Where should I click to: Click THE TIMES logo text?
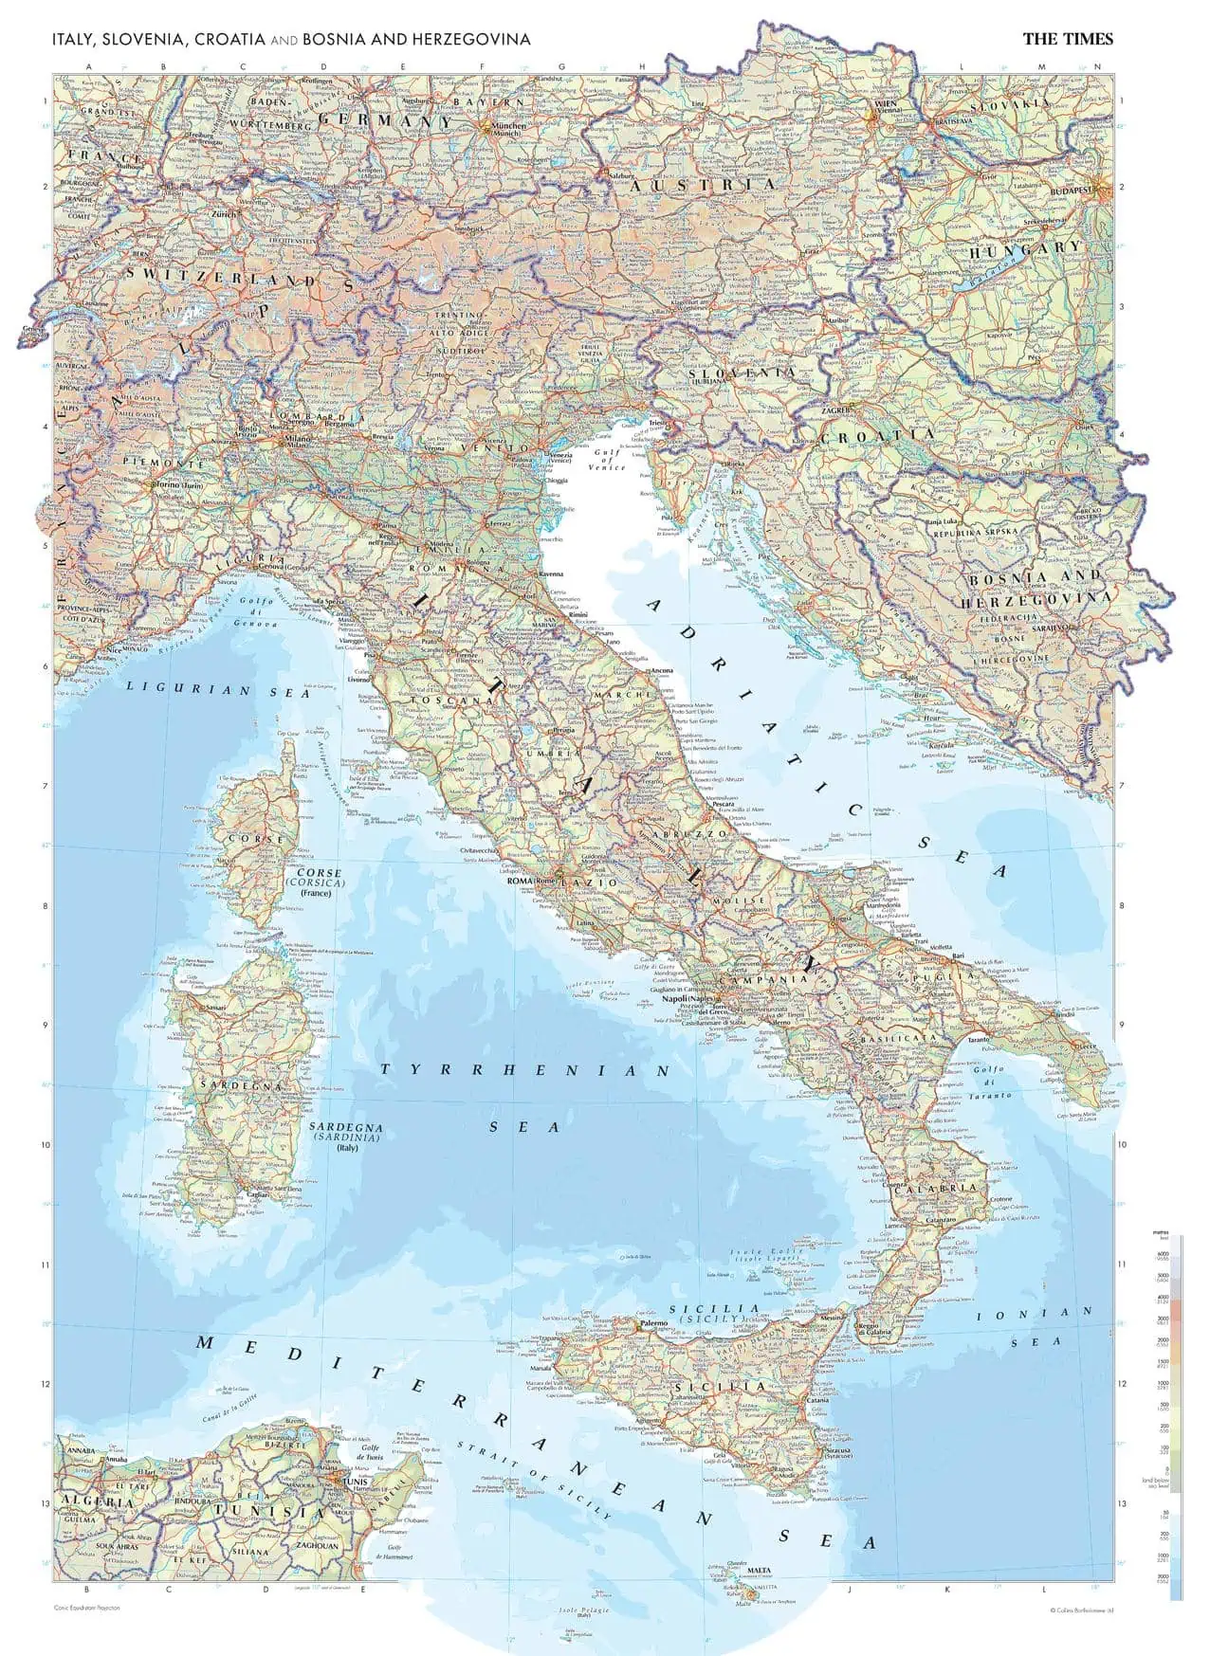(1068, 39)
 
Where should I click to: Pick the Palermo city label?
(654, 1323)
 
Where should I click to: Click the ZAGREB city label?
(834, 410)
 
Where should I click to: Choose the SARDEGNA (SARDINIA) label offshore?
(347, 1134)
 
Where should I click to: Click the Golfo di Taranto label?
(989, 1082)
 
